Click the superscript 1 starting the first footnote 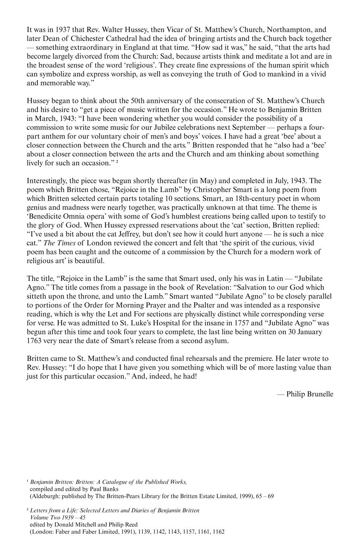[27, 481]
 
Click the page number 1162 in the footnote [217, 532]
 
